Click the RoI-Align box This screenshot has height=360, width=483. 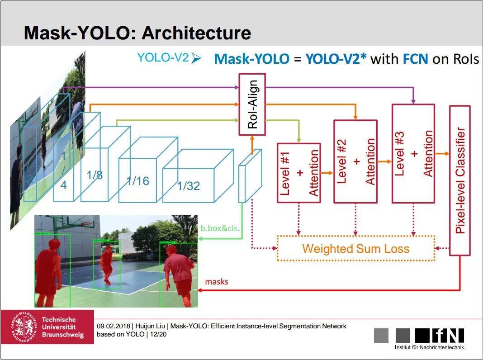point(252,104)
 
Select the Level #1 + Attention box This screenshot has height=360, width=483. point(298,173)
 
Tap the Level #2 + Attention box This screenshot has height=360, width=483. point(355,161)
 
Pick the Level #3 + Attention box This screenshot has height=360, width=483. point(413,153)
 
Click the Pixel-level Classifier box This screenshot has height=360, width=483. point(460,180)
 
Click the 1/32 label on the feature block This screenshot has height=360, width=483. point(189,185)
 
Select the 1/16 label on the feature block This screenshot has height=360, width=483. point(137,181)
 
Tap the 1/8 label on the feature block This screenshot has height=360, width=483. point(95,175)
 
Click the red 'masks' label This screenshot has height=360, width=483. point(217,282)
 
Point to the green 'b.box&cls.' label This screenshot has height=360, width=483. point(220,229)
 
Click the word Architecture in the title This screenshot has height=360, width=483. point(196,33)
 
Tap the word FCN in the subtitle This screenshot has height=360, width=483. point(415,59)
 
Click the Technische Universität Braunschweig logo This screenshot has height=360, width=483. point(47,327)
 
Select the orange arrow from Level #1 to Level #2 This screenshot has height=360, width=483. point(327,173)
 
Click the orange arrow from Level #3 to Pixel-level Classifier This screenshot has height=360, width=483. point(442,154)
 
